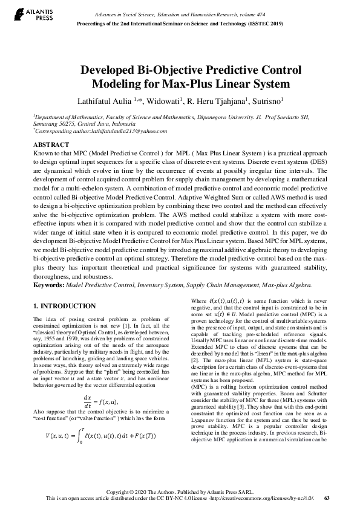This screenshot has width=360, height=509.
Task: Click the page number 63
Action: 327,498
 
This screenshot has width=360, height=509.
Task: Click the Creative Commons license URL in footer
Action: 270,498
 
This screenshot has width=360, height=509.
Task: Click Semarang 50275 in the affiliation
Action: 53,124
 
